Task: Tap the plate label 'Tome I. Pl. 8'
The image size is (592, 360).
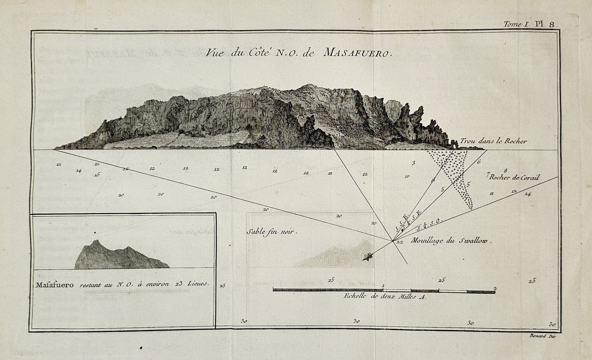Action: click(x=528, y=24)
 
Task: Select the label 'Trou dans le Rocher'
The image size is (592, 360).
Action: click(x=493, y=141)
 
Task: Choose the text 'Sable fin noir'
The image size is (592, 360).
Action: click(x=272, y=232)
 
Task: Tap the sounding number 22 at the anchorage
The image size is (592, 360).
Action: click(x=399, y=242)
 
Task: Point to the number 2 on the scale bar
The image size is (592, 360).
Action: click(x=495, y=288)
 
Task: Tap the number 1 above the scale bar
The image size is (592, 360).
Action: click(x=383, y=285)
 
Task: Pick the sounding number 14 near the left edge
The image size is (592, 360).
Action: click(x=78, y=171)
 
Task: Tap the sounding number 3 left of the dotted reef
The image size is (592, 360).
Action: click(x=413, y=163)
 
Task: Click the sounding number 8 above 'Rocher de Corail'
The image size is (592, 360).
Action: click(x=505, y=171)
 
